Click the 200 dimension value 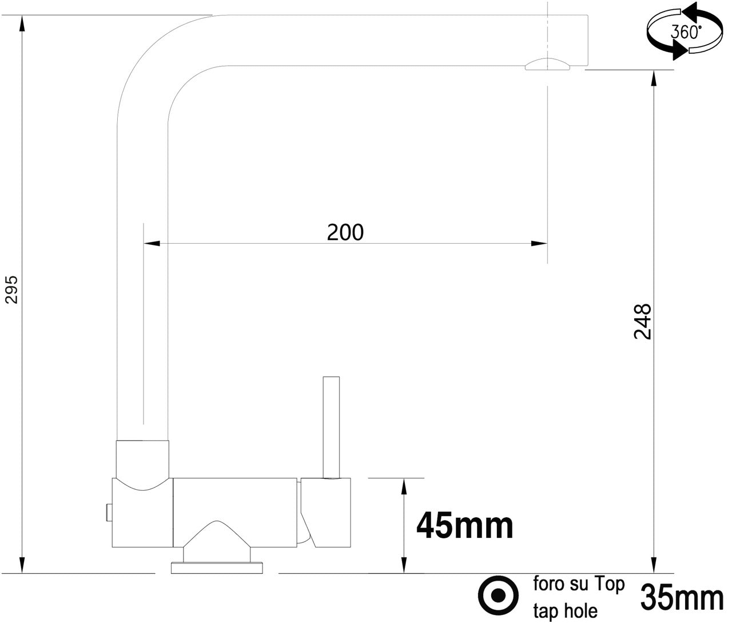[x=345, y=232]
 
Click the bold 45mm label [x=464, y=526]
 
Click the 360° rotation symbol [x=684, y=31]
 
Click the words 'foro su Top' [x=579, y=585]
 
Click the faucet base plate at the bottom [x=217, y=568]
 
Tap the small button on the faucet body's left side [x=107, y=512]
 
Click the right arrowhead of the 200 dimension [x=539, y=244]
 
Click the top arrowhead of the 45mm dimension [x=404, y=487]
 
